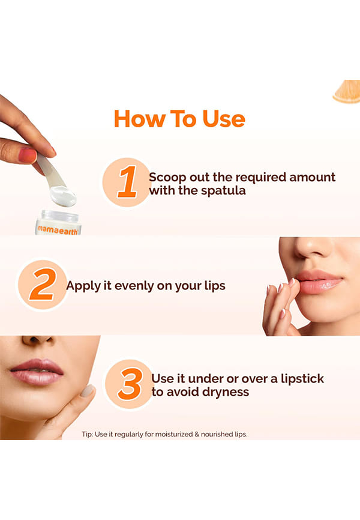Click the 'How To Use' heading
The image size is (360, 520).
(179, 119)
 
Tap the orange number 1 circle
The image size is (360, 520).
(126, 182)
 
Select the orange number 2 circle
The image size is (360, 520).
(42, 285)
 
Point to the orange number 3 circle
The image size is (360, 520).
(129, 384)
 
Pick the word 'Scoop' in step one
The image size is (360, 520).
(168, 178)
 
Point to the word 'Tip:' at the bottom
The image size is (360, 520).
(87, 434)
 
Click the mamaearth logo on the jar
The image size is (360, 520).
(58, 229)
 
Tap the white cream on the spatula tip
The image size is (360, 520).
(64, 195)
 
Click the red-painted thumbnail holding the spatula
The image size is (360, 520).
(27, 156)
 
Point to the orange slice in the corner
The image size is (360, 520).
(347, 91)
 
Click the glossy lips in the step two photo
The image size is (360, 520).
(318, 282)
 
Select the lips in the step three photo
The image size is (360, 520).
(37, 372)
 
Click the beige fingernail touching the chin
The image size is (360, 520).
(88, 390)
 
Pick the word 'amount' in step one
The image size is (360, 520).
(312, 177)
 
